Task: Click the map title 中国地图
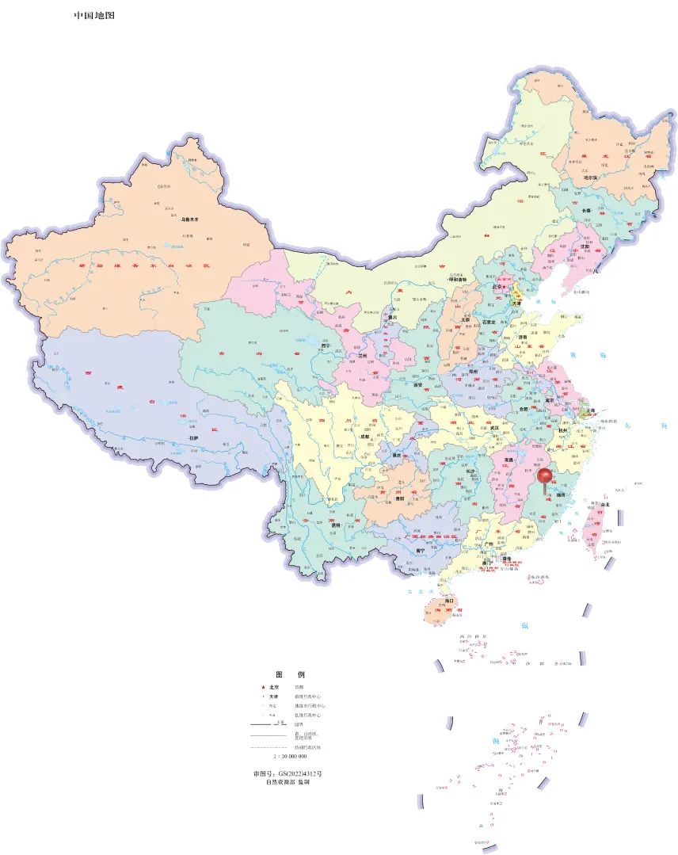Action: pos(94,15)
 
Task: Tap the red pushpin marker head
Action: pos(545,476)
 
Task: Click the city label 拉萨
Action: pos(193,437)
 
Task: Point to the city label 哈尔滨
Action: pos(591,178)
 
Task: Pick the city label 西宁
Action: pos(326,345)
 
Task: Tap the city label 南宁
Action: pos(421,549)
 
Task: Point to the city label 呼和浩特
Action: pos(459,280)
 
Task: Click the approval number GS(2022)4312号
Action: pos(288,773)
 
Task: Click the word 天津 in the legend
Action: pos(273,697)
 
